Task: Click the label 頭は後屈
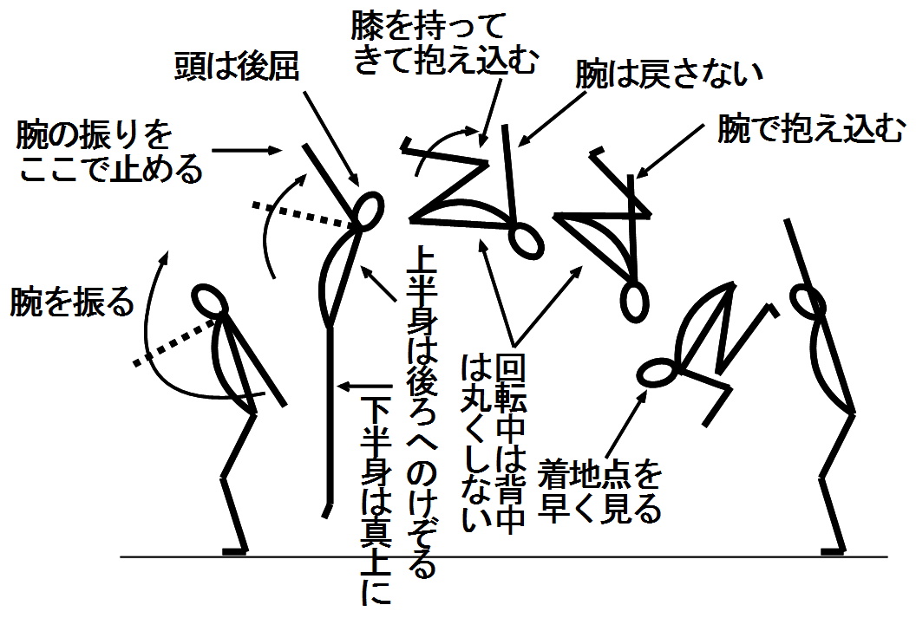[x=237, y=67]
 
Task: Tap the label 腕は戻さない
[x=670, y=75]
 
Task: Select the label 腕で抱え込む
[x=811, y=129]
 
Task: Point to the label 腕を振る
[x=72, y=302]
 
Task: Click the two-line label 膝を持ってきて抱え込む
[x=445, y=44]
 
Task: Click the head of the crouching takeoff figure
[x=210, y=300]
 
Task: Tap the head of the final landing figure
[x=808, y=300]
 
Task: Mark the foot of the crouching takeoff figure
[x=236, y=550]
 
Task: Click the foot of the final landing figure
[x=833, y=550]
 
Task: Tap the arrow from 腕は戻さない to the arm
[x=552, y=118]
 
